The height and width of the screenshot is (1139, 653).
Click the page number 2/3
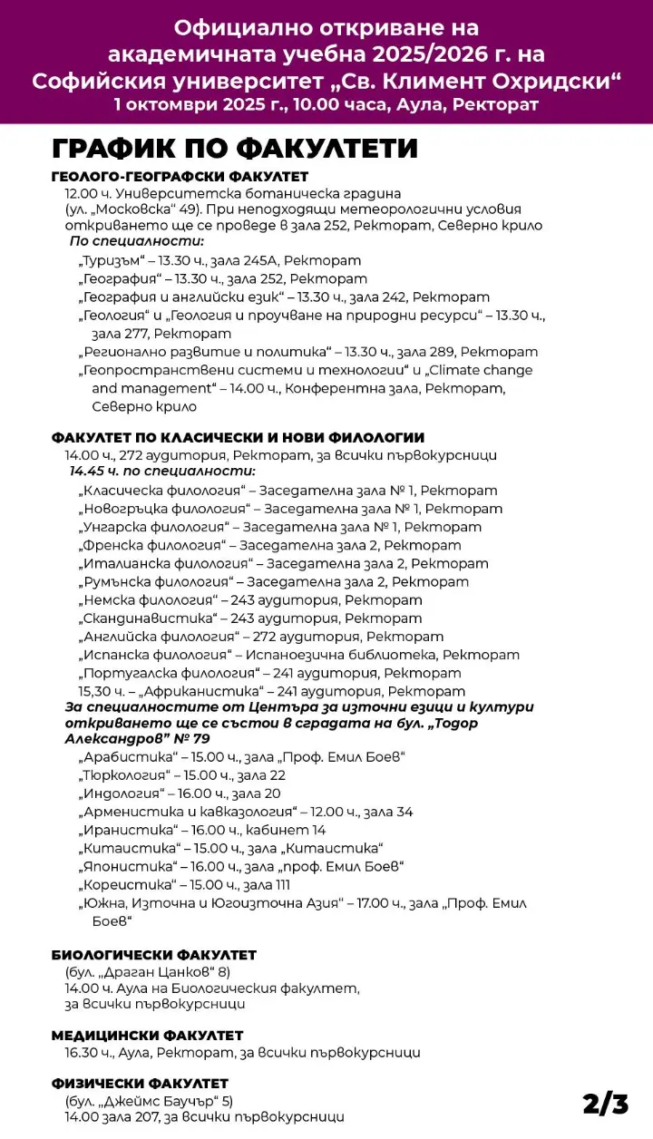[x=605, y=1103]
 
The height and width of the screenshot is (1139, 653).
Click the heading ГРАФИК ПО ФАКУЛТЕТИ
[x=235, y=149]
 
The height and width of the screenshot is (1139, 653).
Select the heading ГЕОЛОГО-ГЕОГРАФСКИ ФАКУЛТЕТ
[x=180, y=177]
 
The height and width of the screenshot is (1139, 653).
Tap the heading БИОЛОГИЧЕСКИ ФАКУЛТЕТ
[x=154, y=955]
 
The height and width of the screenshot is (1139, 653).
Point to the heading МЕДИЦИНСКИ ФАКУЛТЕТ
[x=148, y=1035]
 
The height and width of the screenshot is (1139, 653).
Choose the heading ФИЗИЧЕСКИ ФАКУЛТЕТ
[x=140, y=1084]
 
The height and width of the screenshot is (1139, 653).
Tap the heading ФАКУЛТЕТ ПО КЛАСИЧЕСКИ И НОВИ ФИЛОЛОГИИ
[x=238, y=437]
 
